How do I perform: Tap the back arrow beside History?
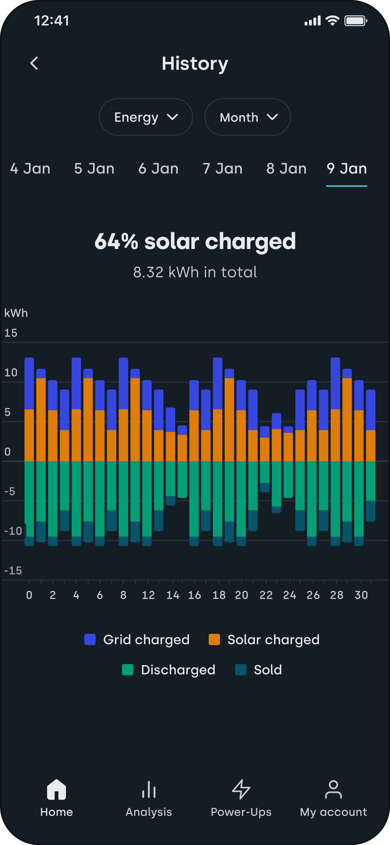tap(34, 63)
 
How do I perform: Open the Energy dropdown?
tap(146, 117)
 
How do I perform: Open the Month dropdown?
tap(247, 117)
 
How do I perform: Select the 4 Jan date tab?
tap(30, 169)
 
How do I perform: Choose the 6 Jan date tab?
tap(158, 169)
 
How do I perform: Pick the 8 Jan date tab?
tap(286, 169)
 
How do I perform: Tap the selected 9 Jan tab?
tap(347, 169)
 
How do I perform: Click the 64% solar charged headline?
tap(195, 241)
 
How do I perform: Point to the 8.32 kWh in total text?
tap(195, 272)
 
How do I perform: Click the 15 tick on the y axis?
tap(11, 333)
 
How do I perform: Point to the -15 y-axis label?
tap(13, 571)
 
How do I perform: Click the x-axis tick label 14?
tap(173, 595)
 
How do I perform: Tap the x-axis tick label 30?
tap(361, 595)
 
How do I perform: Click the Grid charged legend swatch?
tap(90, 639)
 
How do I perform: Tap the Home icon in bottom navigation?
tap(57, 790)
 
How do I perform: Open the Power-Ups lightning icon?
tap(241, 790)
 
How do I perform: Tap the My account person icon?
tap(333, 790)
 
